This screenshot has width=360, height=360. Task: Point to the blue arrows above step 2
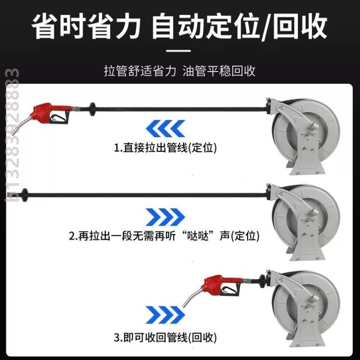click(x=166, y=217)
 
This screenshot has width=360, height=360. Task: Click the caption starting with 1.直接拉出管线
click(x=164, y=148)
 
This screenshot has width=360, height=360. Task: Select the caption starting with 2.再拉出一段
click(x=164, y=235)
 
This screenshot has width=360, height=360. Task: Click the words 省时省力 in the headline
click(x=85, y=27)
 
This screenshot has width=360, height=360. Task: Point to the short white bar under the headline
click(x=180, y=51)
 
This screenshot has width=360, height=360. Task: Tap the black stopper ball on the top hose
click(x=92, y=108)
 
